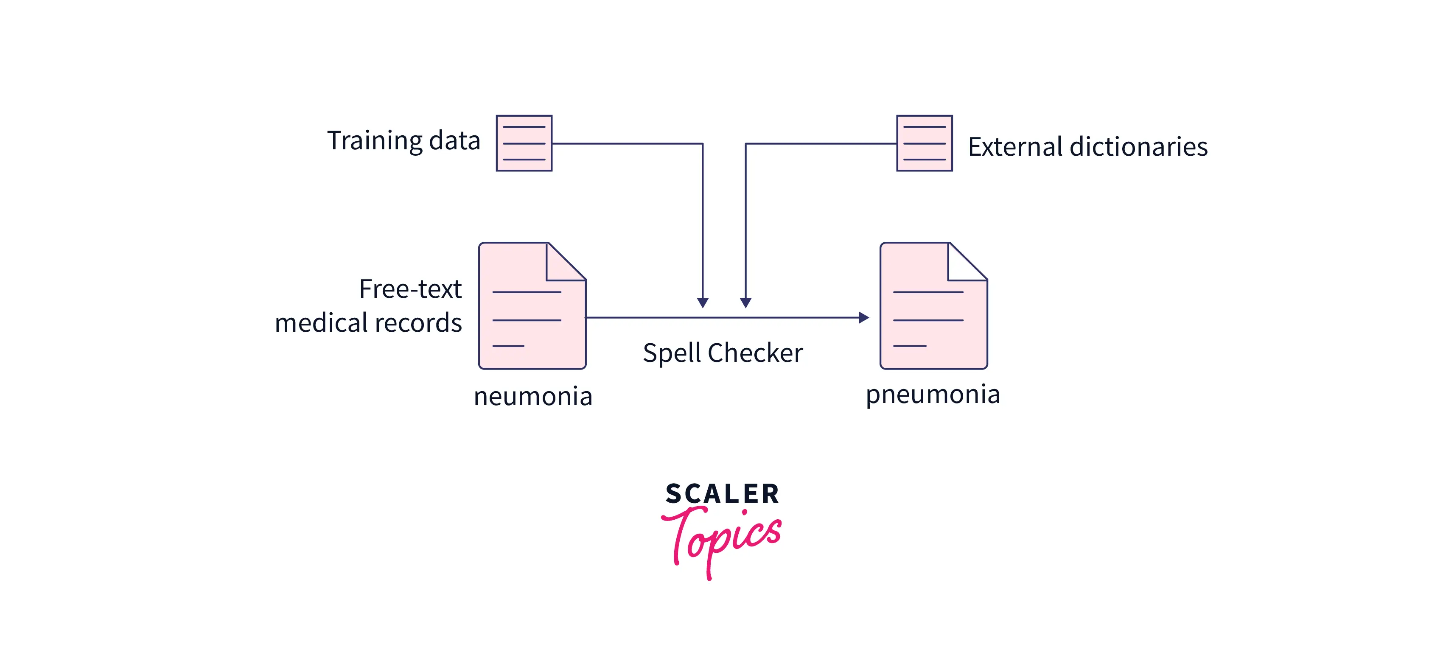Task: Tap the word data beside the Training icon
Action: [454, 140]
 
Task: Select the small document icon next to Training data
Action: [524, 143]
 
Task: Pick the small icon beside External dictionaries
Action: [924, 143]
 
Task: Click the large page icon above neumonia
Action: [532, 306]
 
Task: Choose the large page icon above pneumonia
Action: [933, 306]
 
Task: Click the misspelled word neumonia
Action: [533, 397]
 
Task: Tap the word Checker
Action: [755, 353]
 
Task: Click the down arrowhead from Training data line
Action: [703, 302]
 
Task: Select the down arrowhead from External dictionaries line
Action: [745, 302]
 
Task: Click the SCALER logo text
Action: [722, 494]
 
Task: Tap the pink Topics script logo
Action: [722, 538]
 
